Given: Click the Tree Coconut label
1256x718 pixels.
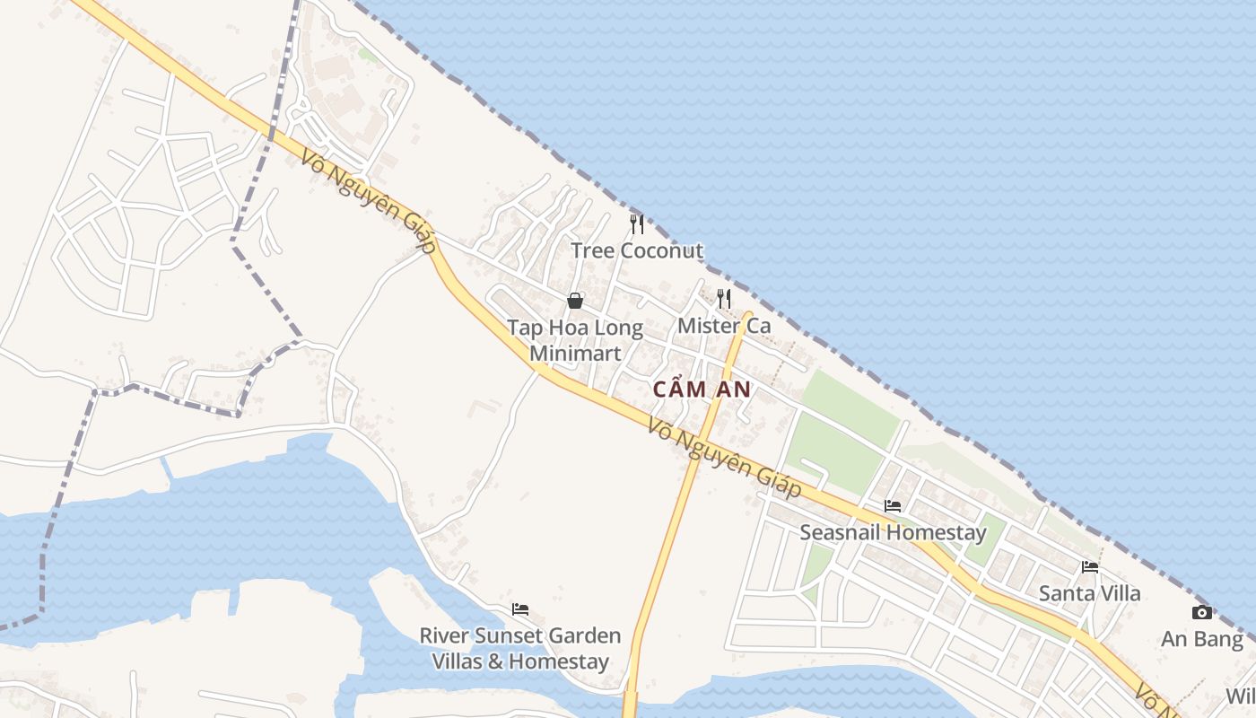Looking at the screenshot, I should click(x=637, y=250).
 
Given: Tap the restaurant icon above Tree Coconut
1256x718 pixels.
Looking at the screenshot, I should click(x=637, y=223).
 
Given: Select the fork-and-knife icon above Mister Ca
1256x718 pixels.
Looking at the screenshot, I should click(x=724, y=298).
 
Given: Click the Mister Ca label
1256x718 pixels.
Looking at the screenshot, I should click(x=724, y=326).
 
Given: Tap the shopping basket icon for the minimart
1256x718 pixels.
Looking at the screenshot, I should click(x=575, y=301).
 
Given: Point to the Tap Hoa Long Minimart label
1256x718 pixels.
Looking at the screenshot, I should click(x=575, y=340).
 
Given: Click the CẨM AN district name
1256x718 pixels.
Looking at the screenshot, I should click(x=702, y=390).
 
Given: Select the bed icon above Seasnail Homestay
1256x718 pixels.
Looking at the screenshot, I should click(x=893, y=506).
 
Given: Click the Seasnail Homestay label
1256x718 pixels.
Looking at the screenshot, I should click(x=893, y=532).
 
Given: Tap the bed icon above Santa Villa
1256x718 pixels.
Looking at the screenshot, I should click(x=1090, y=567).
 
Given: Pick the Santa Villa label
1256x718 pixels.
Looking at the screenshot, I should click(x=1090, y=593).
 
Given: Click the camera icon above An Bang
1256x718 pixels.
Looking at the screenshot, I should click(x=1202, y=613).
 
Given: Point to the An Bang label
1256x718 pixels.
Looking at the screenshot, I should click(x=1202, y=639).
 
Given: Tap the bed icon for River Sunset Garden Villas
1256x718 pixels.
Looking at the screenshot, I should click(x=520, y=610).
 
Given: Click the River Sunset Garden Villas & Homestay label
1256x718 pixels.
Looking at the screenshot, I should click(x=520, y=649).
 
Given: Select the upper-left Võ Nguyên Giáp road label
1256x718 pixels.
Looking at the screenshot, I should click(x=369, y=202).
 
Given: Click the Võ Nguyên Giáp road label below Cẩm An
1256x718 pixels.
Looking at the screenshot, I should click(x=724, y=459).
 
